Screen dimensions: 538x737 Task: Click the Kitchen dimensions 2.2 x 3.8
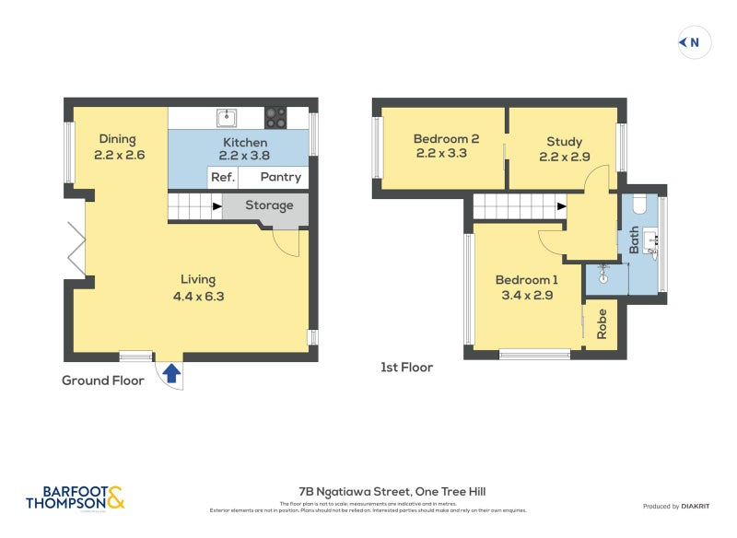[245, 157]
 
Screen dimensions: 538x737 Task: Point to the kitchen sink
[228, 117]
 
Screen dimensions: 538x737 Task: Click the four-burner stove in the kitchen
[275, 117]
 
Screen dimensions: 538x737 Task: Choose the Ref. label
[222, 177]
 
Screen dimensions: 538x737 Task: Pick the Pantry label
[280, 177]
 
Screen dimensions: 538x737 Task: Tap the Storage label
[269, 205]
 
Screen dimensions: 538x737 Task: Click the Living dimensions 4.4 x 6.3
[198, 297]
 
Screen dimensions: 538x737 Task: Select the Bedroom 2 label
[446, 140]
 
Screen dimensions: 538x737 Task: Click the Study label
[564, 142]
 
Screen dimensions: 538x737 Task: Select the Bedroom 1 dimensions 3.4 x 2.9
[526, 296]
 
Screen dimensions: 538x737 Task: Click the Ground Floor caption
[103, 380]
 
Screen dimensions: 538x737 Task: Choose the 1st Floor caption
[406, 368]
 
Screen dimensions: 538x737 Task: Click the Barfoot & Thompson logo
[75, 497]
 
